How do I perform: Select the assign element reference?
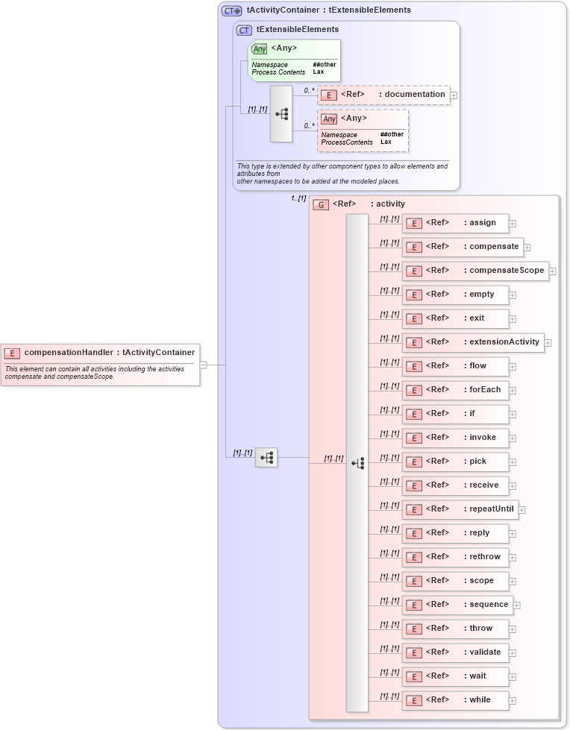pyautogui.click(x=455, y=223)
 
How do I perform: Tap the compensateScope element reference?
pyautogui.click(x=475, y=271)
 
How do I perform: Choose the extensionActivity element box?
pyautogui.click(x=473, y=342)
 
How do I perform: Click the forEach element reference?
pyautogui.click(x=455, y=390)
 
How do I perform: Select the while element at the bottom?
pyautogui.click(x=455, y=700)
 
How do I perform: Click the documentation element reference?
pyautogui.click(x=384, y=95)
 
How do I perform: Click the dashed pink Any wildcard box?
pyautogui.click(x=363, y=130)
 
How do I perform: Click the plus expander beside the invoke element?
pyautogui.click(x=513, y=438)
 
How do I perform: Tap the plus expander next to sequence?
pyautogui.click(x=516, y=605)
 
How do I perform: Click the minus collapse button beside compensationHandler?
pyautogui.click(x=203, y=365)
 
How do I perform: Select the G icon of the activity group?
pyautogui.click(x=321, y=204)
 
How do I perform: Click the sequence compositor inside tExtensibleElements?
pyautogui.click(x=281, y=114)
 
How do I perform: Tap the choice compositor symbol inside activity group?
pyautogui.click(x=357, y=463)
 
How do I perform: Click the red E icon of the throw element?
pyautogui.click(x=413, y=629)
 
